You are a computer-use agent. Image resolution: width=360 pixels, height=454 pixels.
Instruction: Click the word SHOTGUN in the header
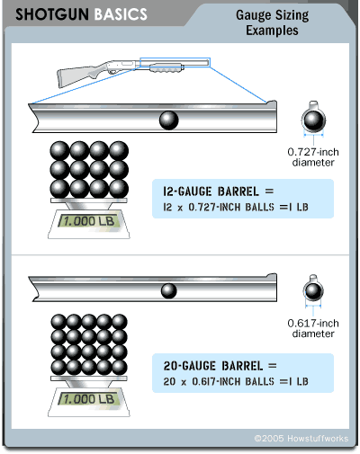[x=52, y=14]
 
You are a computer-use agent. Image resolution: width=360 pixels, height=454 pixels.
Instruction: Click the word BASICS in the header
[x=121, y=14]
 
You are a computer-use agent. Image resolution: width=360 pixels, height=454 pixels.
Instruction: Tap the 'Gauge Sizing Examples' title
[x=272, y=22]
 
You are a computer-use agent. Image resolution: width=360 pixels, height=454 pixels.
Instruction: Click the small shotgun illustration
[x=133, y=73]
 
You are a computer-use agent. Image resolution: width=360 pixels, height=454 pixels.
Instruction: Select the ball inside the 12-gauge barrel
[x=169, y=120]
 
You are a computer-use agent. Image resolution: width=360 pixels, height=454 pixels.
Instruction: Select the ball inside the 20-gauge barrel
[x=169, y=290]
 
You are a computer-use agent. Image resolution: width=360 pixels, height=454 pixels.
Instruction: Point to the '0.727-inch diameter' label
[x=313, y=157]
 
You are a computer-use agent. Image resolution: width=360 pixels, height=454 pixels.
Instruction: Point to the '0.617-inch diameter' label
[x=313, y=328]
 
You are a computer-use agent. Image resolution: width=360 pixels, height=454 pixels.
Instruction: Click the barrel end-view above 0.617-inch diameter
[x=313, y=289]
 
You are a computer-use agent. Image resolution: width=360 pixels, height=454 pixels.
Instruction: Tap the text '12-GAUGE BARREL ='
[x=219, y=191]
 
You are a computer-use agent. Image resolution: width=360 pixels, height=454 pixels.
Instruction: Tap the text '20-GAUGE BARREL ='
[x=220, y=366]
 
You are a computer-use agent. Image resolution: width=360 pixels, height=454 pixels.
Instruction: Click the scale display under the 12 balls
[x=89, y=221]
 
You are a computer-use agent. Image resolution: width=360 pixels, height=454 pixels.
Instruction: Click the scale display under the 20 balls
[x=89, y=399]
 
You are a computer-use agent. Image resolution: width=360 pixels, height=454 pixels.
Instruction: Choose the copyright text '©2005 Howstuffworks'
[x=301, y=439]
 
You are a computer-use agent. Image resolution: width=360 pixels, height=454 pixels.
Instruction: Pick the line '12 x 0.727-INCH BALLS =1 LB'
[x=236, y=207]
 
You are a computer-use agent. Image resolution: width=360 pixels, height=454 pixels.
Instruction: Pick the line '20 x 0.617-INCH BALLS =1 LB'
[x=236, y=381]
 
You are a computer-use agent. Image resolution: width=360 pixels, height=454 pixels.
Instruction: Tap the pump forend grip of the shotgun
[x=166, y=68]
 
